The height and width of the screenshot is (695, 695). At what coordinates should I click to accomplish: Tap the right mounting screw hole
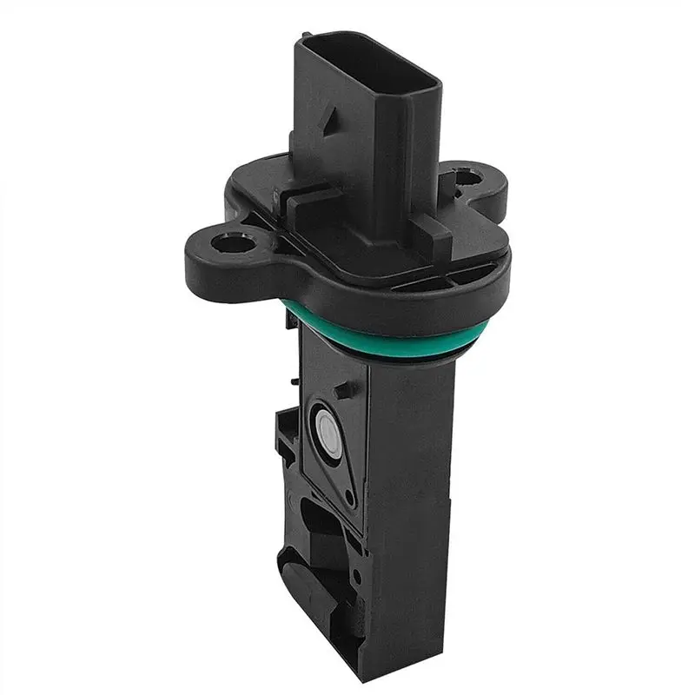coord(470,180)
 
